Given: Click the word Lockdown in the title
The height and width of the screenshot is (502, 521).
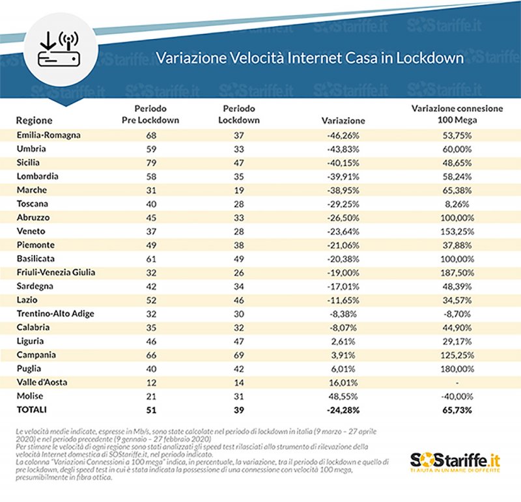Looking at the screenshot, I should coord(431,58).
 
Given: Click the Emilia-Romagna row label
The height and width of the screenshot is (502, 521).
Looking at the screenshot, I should coord(48,134).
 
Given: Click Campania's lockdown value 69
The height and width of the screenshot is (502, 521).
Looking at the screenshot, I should coord(238,356).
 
